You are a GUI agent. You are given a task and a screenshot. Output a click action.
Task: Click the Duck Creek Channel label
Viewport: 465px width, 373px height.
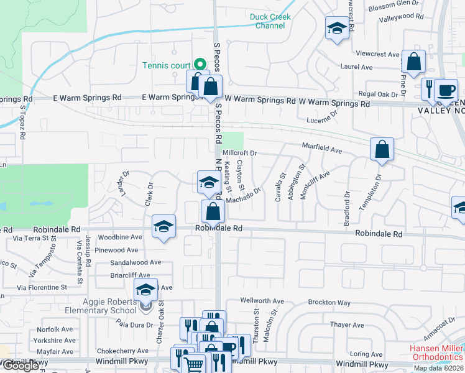(270, 22)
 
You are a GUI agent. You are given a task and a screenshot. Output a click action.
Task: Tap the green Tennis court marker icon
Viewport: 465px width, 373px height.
(200, 64)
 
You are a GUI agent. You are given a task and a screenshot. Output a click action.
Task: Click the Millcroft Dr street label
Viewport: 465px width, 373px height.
(239, 152)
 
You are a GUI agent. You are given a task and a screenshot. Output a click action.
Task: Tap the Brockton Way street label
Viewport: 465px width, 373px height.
(329, 303)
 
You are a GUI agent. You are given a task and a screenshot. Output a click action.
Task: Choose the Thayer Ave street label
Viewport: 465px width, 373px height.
(347, 325)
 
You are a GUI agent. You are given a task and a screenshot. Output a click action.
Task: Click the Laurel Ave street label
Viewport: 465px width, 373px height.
(356, 67)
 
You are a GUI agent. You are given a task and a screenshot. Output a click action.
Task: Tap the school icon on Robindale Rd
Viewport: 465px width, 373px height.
(163, 226)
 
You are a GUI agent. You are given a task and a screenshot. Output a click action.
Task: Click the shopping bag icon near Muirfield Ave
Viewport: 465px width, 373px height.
(382, 149)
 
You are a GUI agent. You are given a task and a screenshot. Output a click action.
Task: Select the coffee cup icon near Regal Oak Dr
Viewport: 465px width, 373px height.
(445, 89)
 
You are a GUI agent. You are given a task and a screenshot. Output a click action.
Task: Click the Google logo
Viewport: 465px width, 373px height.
(21, 366)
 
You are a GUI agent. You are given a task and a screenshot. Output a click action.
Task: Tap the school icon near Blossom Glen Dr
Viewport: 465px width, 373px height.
(337, 28)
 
